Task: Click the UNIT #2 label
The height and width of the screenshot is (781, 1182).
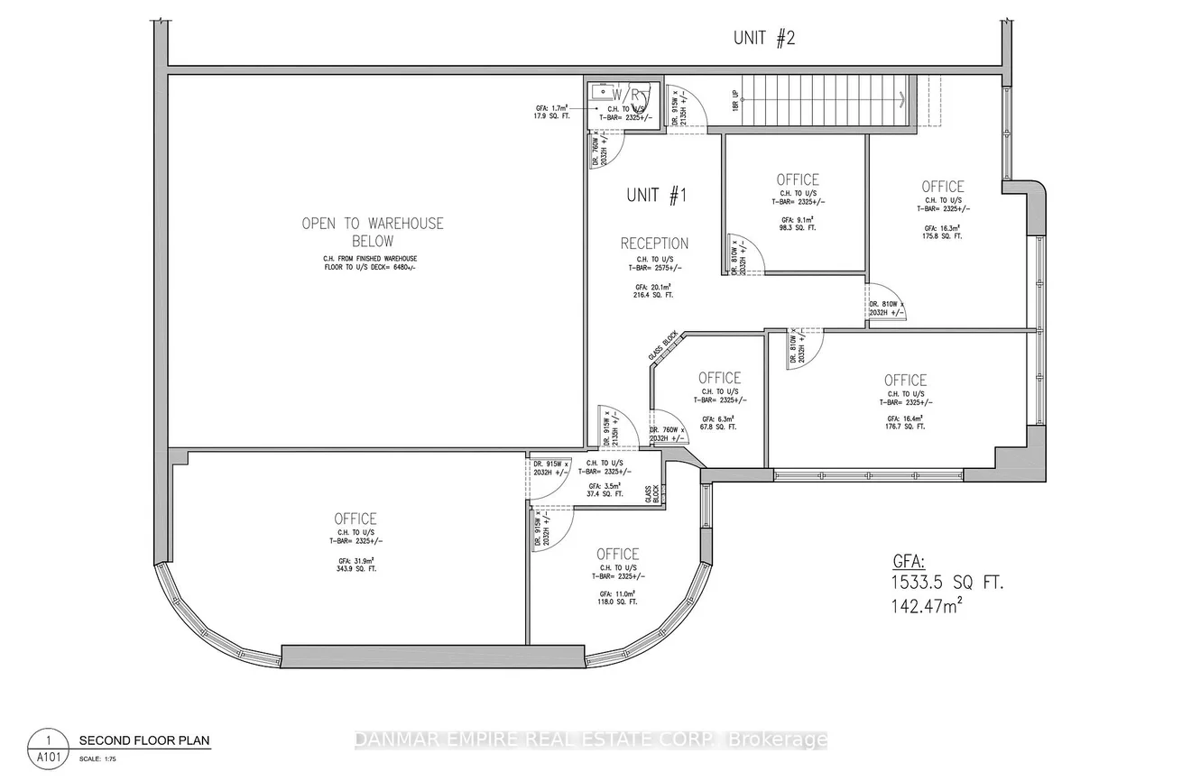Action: point(763,38)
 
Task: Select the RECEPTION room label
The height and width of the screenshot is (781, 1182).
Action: point(654,243)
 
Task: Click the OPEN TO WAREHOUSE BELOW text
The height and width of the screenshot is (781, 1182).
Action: point(373,232)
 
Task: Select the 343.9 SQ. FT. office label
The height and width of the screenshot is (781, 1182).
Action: point(356,570)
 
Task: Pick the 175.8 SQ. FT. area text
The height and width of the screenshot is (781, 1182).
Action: point(942,236)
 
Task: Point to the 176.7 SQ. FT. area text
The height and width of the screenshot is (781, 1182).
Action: point(905,427)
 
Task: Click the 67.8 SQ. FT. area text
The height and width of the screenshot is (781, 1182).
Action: point(719,427)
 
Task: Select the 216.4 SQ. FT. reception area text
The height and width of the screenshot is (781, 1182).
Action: point(654,295)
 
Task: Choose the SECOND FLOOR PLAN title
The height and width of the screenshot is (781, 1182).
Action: point(143,741)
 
